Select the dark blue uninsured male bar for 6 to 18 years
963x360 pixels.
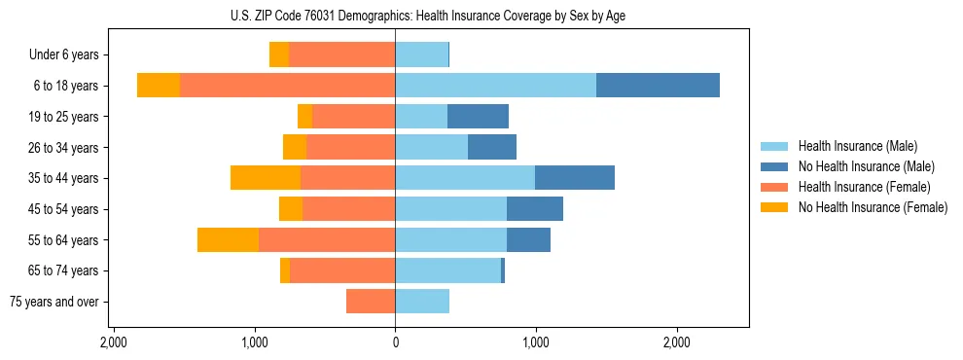coord(658,86)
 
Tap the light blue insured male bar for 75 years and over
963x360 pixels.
coord(422,302)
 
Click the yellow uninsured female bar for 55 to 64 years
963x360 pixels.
coord(228,240)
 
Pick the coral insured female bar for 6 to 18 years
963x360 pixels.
coord(287,86)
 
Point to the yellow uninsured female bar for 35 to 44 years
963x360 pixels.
coord(266,178)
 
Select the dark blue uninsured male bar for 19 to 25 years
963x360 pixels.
coord(478,117)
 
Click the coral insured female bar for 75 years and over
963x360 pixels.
coord(371,302)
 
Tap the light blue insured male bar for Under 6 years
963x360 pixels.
coord(421,54)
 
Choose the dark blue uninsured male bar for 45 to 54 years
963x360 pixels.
coord(535,209)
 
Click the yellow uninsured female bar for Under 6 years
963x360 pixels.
coord(279,54)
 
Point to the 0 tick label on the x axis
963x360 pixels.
coord(395,343)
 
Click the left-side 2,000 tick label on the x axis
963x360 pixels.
coord(114,343)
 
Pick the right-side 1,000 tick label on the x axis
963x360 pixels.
coord(536,343)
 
